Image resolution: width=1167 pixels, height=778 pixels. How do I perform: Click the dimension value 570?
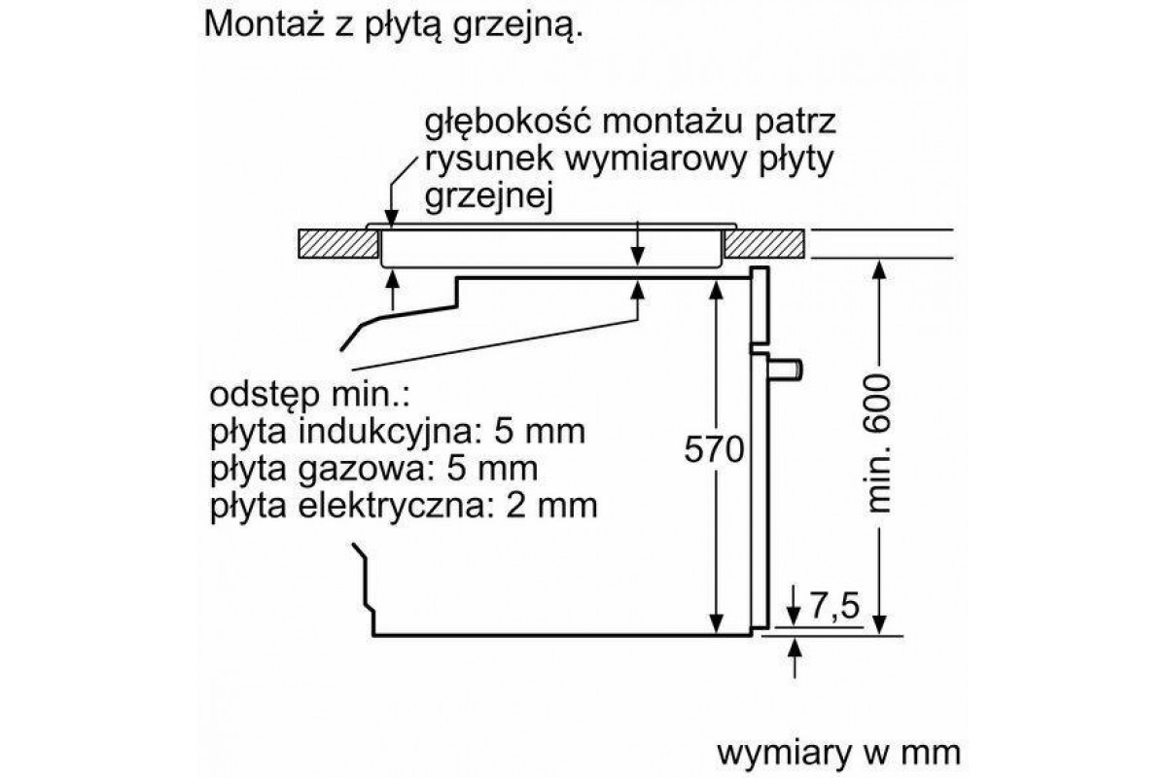pos(714,449)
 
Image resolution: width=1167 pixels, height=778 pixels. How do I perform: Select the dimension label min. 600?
pos(879,442)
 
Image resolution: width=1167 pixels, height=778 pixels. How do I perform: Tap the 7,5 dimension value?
pos(834,606)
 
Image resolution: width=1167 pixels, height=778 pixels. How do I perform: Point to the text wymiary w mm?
pos(838,753)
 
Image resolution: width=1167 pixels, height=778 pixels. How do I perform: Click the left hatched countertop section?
pos(338,244)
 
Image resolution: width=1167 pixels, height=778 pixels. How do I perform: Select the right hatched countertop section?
pos(764,244)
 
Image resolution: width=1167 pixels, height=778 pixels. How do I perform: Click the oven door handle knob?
pos(785,370)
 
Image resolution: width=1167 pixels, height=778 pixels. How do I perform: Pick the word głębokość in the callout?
pos(508,123)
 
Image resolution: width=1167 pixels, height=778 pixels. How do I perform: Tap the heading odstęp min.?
pos(310,396)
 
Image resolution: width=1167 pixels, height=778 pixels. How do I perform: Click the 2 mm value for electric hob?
pos(551,506)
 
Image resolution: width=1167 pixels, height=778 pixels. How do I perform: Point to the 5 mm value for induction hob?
pos(539,432)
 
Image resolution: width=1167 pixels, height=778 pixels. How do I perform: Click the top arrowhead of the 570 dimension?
pos(717,290)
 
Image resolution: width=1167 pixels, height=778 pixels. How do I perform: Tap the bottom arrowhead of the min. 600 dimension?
pos(879,624)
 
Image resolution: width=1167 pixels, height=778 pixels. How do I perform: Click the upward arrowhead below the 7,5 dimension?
pos(795,648)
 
